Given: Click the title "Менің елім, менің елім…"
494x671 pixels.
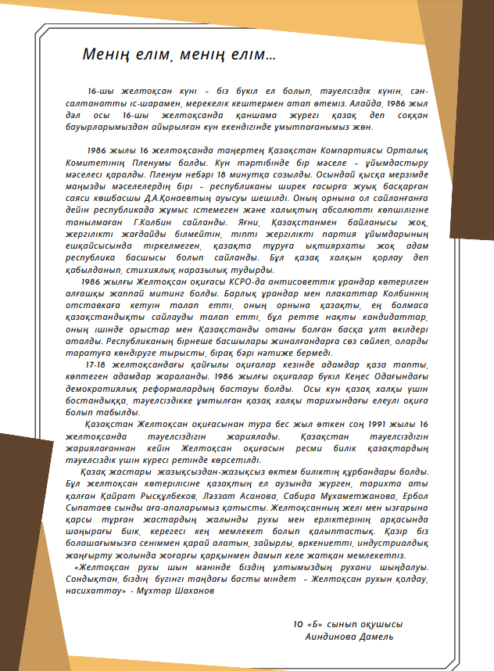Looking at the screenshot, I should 178,56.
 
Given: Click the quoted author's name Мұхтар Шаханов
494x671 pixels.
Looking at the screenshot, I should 176,590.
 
